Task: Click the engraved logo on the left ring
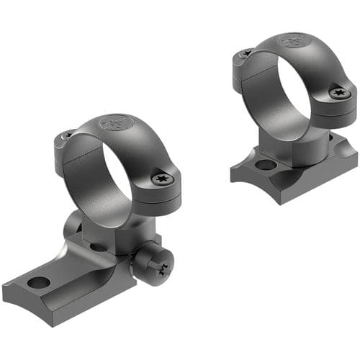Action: pos(114,123)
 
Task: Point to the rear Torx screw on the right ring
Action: pos(246,53)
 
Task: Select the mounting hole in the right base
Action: pos(265,165)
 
